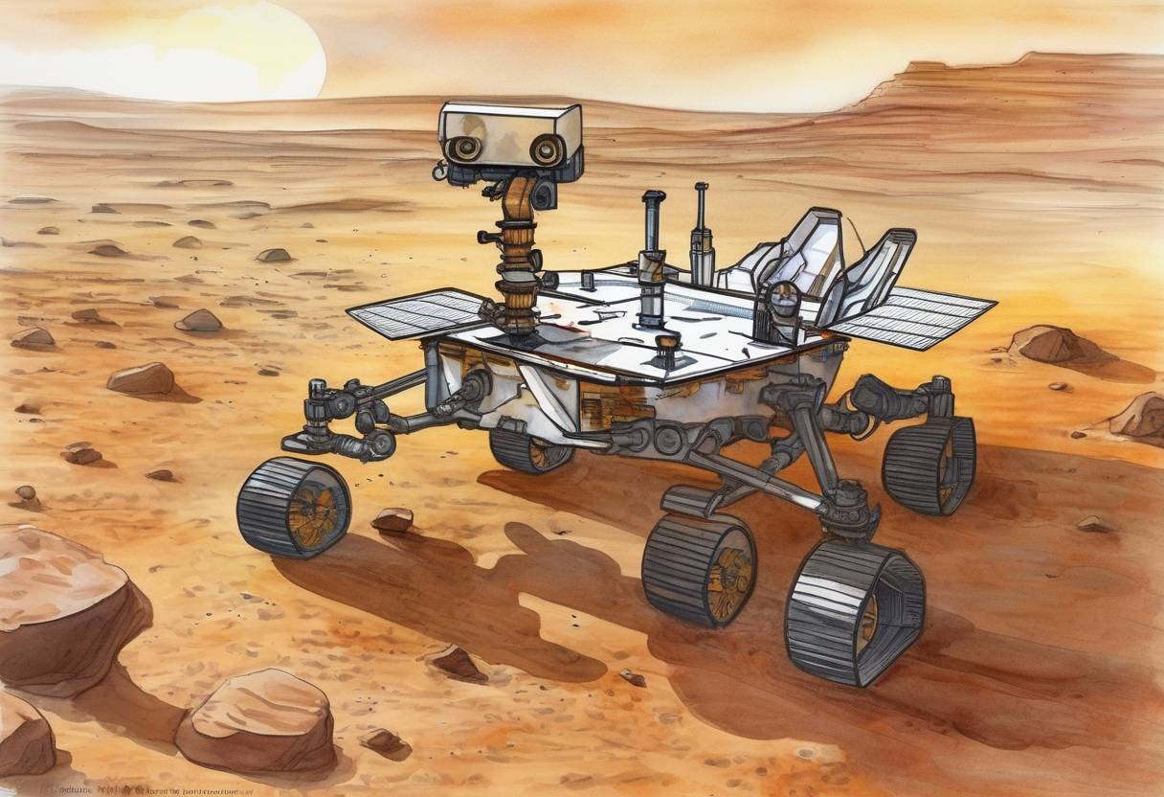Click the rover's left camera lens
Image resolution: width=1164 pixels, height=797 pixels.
coord(466,148)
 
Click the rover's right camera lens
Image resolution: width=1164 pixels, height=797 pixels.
coord(547,149)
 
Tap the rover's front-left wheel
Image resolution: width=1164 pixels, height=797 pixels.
coord(294,507)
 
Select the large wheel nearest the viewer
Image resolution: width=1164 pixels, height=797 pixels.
coord(854,611)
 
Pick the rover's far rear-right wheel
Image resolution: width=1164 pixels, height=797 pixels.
coord(929,466)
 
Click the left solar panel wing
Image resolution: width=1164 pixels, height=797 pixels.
coord(418,313)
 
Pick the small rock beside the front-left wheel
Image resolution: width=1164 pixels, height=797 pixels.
coord(392,520)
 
